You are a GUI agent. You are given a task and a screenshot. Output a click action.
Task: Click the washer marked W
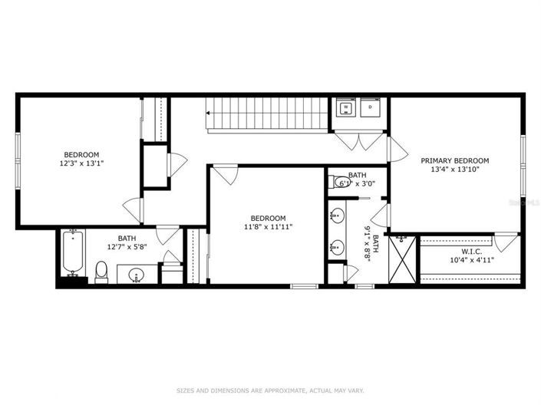click(345, 109)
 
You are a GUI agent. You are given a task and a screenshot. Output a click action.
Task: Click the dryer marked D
click(370, 109)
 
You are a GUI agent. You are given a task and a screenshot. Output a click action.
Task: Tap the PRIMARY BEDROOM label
click(454, 161)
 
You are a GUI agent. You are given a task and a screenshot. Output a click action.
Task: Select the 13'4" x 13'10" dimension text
click(454, 171)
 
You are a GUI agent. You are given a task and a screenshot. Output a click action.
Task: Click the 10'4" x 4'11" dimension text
click(471, 260)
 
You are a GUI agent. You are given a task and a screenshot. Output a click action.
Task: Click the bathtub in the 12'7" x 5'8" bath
click(73, 252)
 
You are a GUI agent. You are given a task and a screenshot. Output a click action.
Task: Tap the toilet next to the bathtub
click(101, 270)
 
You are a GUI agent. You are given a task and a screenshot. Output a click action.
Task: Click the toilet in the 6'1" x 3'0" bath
click(338, 182)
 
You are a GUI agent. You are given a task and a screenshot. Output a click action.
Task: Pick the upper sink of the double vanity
click(337, 216)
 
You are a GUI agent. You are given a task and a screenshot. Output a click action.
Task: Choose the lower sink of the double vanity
click(337, 246)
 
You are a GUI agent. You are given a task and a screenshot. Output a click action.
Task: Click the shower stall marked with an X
click(403, 259)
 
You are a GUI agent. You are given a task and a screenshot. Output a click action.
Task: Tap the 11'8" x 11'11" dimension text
click(268, 226)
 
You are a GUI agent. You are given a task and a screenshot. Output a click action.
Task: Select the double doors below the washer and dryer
click(358, 140)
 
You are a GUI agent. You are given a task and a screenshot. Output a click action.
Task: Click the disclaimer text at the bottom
click(270, 390)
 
